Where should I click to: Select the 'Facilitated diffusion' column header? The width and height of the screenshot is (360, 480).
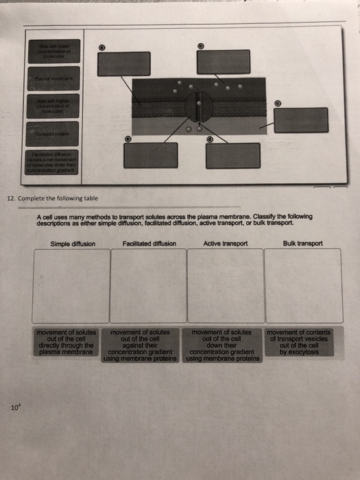point(149,243)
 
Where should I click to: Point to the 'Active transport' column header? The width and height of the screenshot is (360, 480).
point(225,243)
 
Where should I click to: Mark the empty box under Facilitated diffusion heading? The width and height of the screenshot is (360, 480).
point(148,285)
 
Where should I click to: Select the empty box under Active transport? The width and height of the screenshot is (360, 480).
point(225,285)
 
